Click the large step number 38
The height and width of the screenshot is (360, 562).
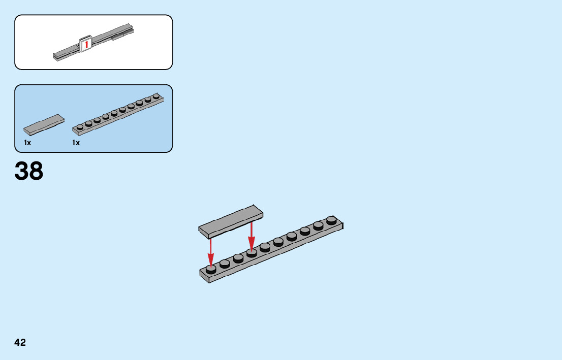pyautogui.click(x=29, y=171)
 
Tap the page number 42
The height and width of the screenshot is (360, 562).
pyautogui.click(x=20, y=342)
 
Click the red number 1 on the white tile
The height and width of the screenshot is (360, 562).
pyautogui.click(x=86, y=45)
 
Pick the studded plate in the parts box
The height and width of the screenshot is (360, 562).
pyautogui.click(x=118, y=114)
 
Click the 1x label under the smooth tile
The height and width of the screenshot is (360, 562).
pyautogui.click(x=27, y=143)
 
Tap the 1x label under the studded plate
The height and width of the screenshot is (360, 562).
pyautogui.click(x=76, y=143)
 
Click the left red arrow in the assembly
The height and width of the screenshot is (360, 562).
pyautogui.click(x=210, y=251)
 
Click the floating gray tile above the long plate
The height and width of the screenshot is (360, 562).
pyautogui.click(x=231, y=221)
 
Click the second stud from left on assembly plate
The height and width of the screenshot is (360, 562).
pyautogui.click(x=225, y=263)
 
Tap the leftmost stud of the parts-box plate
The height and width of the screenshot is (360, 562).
pyautogui.click(x=80, y=126)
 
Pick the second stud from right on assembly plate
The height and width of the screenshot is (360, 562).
pyautogui.click(x=318, y=225)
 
